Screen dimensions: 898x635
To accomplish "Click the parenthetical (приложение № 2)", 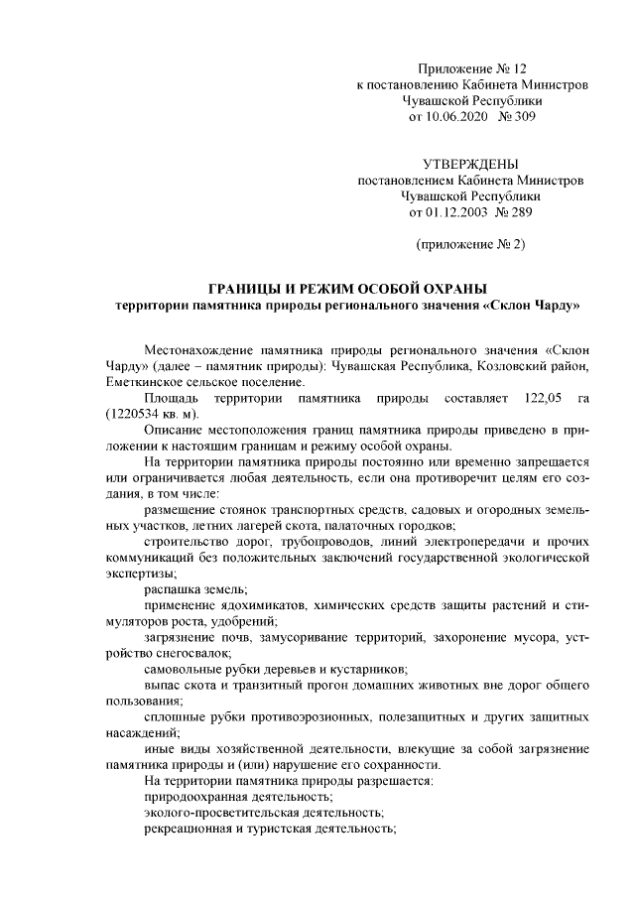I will click(470, 243).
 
